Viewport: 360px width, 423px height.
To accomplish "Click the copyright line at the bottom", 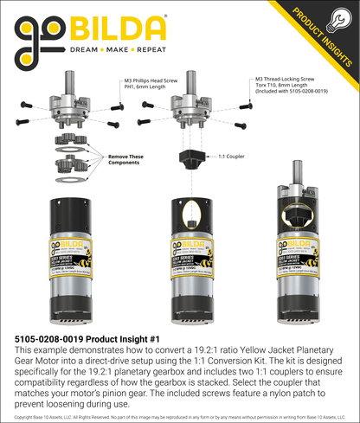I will click(180, 417).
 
